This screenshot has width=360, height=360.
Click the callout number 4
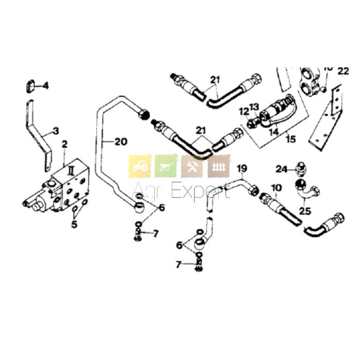tap(46, 85)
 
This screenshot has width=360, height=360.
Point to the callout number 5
tap(75, 224)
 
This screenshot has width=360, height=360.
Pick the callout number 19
tap(242, 169)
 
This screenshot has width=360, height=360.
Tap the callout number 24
tap(281, 168)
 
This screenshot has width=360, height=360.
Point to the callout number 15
tap(291, 139)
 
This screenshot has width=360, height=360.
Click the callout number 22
tap(344, 71)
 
